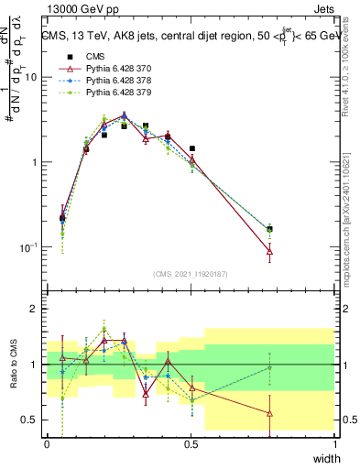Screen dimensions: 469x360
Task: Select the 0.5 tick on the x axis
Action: (191, 443)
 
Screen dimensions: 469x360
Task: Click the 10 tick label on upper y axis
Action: (30, 77)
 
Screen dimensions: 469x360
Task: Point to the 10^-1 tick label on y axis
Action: (27, 247)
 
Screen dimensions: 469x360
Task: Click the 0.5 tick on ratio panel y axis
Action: (29, 420)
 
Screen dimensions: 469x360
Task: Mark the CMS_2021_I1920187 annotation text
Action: (191, 274)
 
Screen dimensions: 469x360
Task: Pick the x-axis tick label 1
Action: (335, 443)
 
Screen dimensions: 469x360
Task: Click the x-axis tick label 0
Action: (47, 443)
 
